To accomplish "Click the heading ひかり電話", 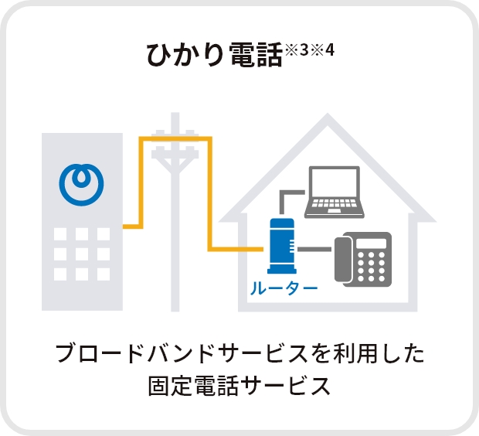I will point(214,56).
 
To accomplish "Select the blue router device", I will point(280,247).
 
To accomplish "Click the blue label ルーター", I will point(284,290).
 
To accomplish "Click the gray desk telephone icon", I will point(362,258).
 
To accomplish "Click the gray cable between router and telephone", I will point(314,249).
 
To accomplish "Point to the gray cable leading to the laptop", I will point(284,196).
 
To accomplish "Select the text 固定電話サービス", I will point(239,385).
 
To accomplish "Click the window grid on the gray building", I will point(81,253).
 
